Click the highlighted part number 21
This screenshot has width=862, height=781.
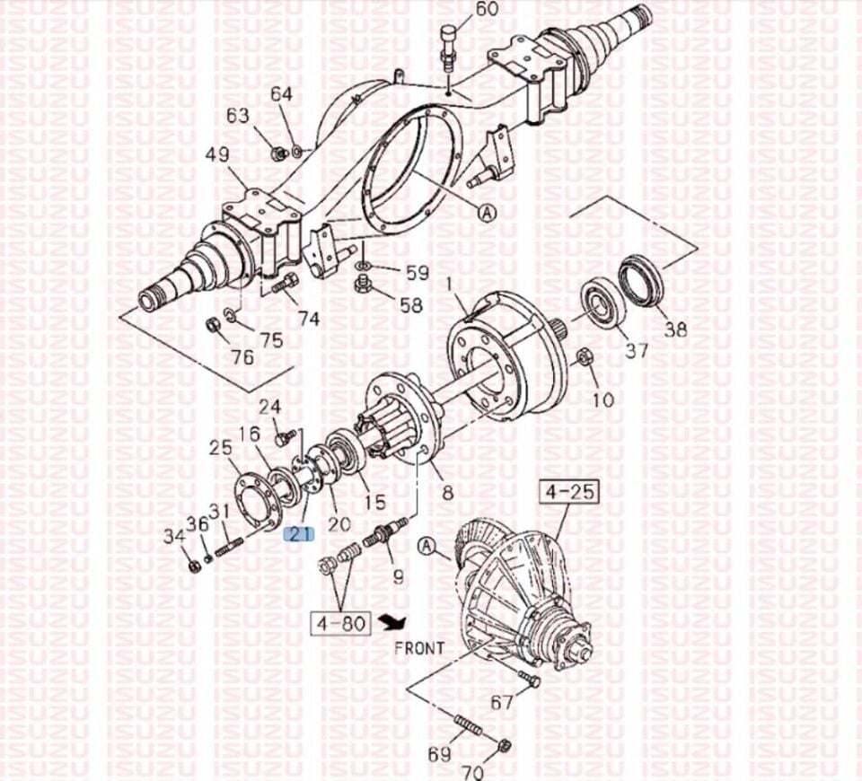click(x=298, y=533)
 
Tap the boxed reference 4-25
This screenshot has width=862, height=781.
click(x=569, y=492)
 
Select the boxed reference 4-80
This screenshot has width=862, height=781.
click(x=341, y=623)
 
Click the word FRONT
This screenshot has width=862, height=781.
click(x=419, y=648)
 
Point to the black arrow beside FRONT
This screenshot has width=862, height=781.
click(x=394, y=621)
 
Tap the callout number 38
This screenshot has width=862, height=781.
click(x=675, y=329)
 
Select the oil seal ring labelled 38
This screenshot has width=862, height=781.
click(x=639, y=280)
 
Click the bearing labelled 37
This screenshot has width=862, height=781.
click(x=603, y=304)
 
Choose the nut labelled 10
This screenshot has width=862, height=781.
click(x=585, y=358)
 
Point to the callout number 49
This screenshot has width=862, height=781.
click(x=217, y=154)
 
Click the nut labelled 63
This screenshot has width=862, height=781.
click(x=278, y=154)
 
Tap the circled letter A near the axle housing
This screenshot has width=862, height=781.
click(x=487, y=212)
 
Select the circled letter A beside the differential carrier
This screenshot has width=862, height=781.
click(x=426, y=546)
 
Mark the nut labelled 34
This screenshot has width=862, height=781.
click(x=194, y=566)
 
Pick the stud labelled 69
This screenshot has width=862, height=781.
click(x=469, y=724)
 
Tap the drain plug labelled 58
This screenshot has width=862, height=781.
click(x=363, y=285)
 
